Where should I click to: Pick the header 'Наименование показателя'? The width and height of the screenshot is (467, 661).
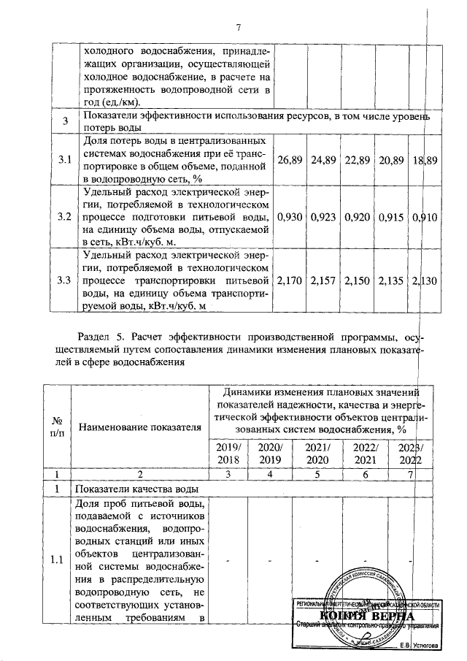139,427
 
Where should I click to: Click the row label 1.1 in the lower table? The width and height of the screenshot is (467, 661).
56,560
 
